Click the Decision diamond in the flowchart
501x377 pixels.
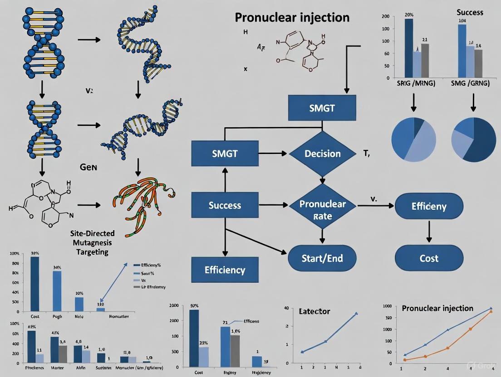(322, 154)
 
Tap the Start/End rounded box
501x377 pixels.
(322, 259)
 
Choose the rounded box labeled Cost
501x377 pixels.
(429, 258)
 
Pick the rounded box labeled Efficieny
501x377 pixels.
(429, 207)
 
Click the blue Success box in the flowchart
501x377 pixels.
(225, 205)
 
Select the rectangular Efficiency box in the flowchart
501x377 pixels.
(225, 270)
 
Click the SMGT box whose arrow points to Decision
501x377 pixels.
(225, 154)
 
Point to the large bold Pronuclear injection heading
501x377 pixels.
(292, 17)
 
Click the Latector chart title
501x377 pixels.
(314, 311)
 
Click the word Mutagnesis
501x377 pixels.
(93, 242)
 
